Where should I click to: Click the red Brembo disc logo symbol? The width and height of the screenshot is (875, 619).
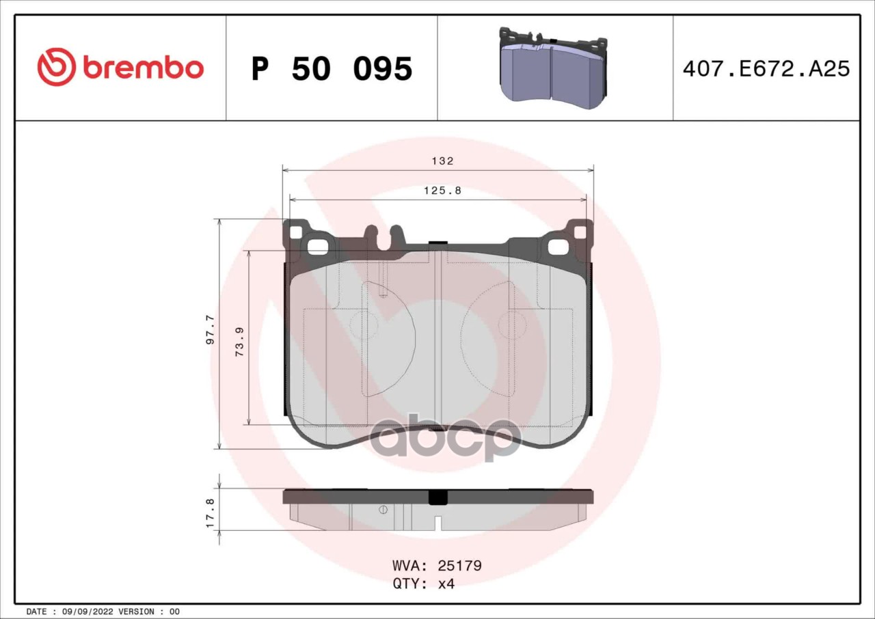[57, 67]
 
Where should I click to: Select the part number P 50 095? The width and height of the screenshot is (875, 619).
[332, 69]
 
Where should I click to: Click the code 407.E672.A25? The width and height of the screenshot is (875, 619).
[766, 69]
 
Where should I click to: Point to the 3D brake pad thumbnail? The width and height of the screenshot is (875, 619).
[554, 68]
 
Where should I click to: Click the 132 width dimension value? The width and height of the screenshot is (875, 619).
[442, 161]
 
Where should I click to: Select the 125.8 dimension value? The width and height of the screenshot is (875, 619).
[442, 191]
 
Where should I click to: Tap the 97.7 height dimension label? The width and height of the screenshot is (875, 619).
[210, 329]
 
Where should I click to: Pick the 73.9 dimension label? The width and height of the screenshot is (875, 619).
[239, 342]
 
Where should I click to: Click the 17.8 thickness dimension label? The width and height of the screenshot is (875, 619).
[210, 514]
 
